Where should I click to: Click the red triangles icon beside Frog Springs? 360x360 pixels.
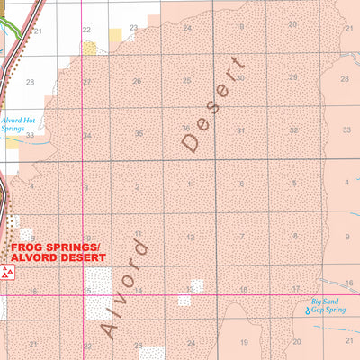(7, 273)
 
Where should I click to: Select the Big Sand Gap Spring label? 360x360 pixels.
(328, 305)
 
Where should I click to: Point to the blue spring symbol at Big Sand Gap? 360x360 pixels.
(306, 310)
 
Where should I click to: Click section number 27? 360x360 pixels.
(87, 82)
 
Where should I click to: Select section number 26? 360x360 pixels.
(137, 82)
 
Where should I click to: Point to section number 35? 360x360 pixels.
(139, 134)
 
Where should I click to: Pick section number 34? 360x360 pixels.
(87, 136)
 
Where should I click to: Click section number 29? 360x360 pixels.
(292, 79)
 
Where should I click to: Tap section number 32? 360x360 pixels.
(293, 130)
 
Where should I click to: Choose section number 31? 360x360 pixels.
(241, 130)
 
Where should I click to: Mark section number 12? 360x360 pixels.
(191, 237)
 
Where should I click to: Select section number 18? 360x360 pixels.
(243, 289)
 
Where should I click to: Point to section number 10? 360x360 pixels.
(86, 238)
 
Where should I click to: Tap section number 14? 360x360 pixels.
(139, 290)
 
